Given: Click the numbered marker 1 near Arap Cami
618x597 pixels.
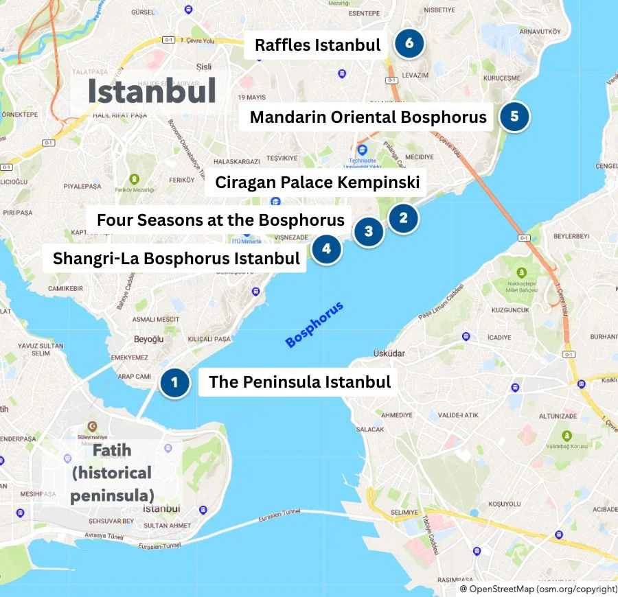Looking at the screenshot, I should pyautogui.click(x=174, y=383).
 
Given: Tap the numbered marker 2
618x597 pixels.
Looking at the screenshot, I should pyautogui.click(x=403, y=219).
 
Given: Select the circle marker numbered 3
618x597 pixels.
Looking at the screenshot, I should pyautogui.click(x=369, y=231).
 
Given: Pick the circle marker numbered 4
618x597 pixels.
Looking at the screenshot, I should pyautogui.click(x=326, y=248).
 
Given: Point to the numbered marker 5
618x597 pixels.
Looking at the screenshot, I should pyautogui.click(x=514, y=116).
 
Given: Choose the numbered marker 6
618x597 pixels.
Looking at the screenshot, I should pyautogui.click(x=409, y=44).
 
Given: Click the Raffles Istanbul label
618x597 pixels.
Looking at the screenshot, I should pyautogui.click(x=317, y=45).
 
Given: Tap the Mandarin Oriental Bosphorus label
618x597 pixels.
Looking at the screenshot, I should pyautogui.click(x=368, y=117).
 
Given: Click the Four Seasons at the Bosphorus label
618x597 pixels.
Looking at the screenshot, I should pyautogui.click(x=220, y=220).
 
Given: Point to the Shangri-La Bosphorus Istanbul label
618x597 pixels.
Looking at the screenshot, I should pyautogui.click(x=176, y=259).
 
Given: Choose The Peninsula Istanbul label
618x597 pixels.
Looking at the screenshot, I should pyautogui.click(x=299, y=382).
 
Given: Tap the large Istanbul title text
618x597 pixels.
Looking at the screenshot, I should pyautogui.click(x=152, y=91).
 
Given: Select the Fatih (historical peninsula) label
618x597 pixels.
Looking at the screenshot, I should pyautogui.click(x=112, y=473).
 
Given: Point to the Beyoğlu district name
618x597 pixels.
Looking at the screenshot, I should pyautogui.click(x=148, y=339).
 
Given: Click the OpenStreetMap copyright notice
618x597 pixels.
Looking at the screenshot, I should pyautogui.click(x=538, y=589).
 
